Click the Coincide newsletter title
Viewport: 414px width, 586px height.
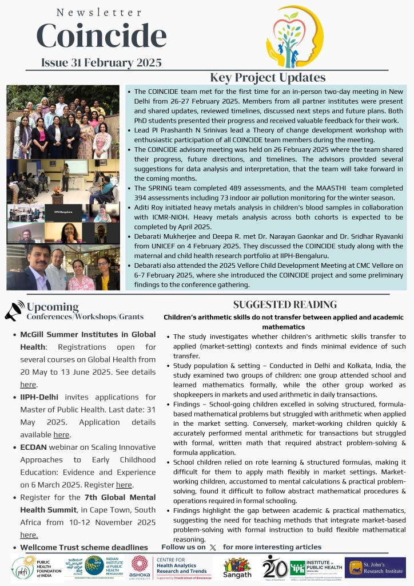(x=101, y=35)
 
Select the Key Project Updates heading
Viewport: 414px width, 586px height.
(x=268, y=77)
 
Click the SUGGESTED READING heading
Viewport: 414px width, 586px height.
(x=285, y=304)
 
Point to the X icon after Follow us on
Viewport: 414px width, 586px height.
(x=213, y=548)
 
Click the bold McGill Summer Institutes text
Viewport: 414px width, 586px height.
(x=87, y=334)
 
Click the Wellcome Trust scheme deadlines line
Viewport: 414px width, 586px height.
(x=84, y=548)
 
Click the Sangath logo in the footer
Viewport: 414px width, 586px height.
(x=237, y=567)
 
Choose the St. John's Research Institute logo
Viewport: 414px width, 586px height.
(x=375, y=567)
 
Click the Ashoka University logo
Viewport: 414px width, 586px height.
(x=140, y=567)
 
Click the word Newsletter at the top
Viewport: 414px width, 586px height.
(x=100, y=12)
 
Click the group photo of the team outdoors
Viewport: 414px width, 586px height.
(x=63, y=122)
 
